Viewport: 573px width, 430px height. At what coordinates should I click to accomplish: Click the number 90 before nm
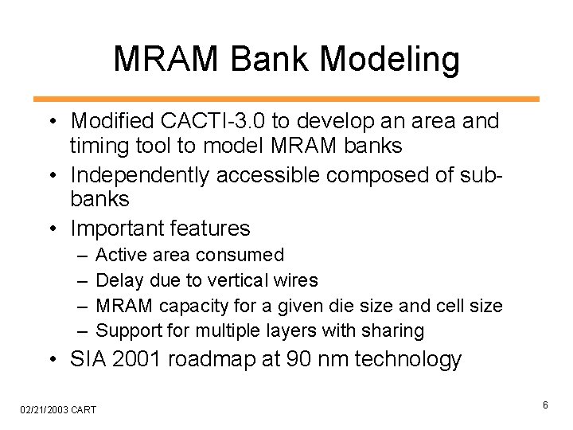click(296, 360)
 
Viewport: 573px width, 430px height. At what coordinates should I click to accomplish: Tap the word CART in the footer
click(84, 410)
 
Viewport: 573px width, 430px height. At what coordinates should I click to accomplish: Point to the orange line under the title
click(286, 100)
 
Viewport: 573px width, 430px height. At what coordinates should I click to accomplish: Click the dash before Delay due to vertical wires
click(82, 280)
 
